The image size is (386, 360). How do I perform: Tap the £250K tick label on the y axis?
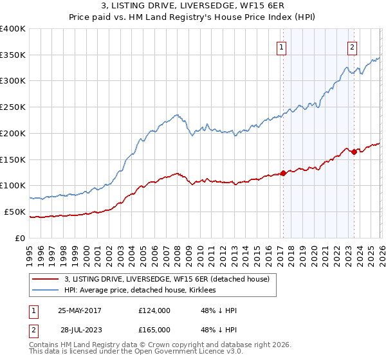pyautogui.click(x=13, y=107)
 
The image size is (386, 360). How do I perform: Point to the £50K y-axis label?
pyautogui.click(x=15, y=212)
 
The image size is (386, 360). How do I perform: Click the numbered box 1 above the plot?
pyautogui.click(x=282, y=46)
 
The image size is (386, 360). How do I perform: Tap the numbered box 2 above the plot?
pyautogui.click(x=353, y=46)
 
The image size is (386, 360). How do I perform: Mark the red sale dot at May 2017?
pyautogui.click(x=283, y=173)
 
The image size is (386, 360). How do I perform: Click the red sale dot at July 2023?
pyautogui.click(x=353, y=152)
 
